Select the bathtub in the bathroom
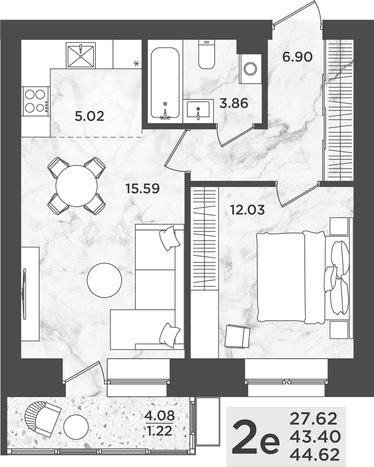165,84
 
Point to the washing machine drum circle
250,69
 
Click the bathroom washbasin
199,109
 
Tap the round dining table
77,185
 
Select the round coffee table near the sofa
104,280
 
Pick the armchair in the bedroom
237,336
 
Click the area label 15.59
143,188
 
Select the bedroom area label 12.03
247,210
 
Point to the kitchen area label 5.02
89,116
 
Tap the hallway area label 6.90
297,57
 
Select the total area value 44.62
315,455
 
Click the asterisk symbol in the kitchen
137,63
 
